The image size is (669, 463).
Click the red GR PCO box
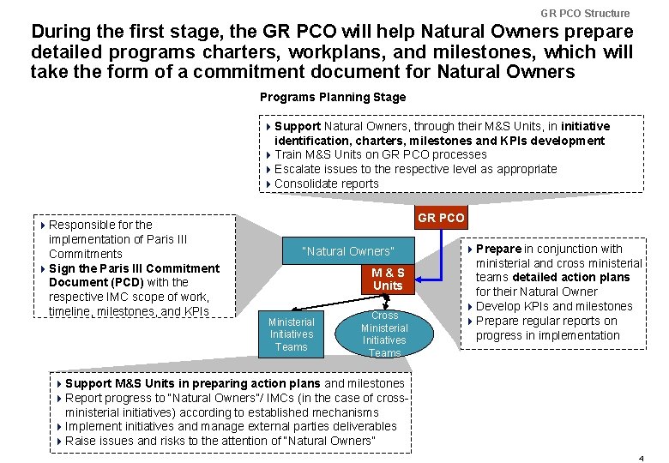point(441,218)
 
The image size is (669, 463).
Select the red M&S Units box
point(388,279)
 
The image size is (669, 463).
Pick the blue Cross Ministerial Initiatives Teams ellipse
point(384,334)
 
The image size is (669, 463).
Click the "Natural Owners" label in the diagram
point(347,251)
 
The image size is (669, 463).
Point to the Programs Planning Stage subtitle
point(333,97)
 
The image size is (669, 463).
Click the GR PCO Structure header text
point(585,13)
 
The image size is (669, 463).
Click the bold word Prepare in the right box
point(498,249)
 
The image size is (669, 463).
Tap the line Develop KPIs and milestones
point(553,306)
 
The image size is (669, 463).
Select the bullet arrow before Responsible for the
point(43,225)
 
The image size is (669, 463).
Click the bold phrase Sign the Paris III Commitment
point(134,268)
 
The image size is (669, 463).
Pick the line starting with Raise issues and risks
point(220,441)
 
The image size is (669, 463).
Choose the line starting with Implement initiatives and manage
point(230,426)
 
